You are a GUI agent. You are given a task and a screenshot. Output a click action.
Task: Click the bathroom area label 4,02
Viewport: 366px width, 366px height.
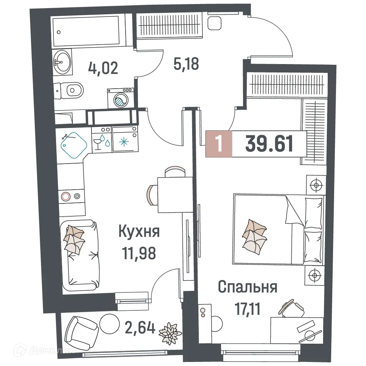pyautogui.click(x=103, y=68)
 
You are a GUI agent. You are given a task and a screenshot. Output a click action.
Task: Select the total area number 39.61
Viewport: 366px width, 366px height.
pyautogui.click(x=269, y=144)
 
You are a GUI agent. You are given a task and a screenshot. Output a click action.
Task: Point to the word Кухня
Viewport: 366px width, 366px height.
pyautogui.click(x=139, y=232)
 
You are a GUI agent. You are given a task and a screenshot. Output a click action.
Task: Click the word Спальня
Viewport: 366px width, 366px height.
pyautogui.click(x=247, y=287)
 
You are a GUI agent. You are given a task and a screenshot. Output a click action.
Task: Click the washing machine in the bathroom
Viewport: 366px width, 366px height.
pyautogui.click(x=120, y=98)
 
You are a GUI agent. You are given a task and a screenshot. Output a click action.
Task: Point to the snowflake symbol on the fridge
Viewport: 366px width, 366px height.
pyautogui.click(x=124, y=141)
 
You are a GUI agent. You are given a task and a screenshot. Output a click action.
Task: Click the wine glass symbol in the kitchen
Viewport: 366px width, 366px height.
pyautogui.click(x=98, y=143)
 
